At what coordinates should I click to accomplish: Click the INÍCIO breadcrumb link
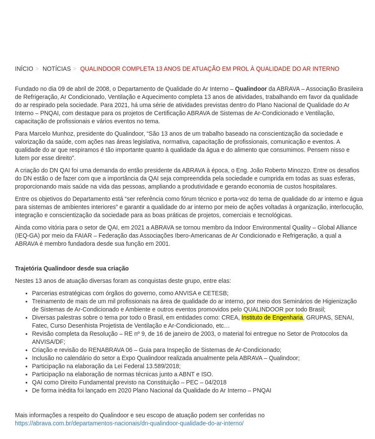24,69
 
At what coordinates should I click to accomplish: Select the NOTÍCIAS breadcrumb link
56,69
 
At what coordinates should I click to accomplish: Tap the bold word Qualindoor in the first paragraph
250,89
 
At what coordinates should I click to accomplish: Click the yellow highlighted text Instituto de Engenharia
272,317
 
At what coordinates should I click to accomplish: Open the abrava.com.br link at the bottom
129,423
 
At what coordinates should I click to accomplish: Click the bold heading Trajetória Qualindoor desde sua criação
72,268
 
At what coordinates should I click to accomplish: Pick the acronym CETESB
215,293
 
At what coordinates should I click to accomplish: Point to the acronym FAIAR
83,235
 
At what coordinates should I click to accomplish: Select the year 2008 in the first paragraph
103,89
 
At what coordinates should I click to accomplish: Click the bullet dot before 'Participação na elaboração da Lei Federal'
26,366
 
